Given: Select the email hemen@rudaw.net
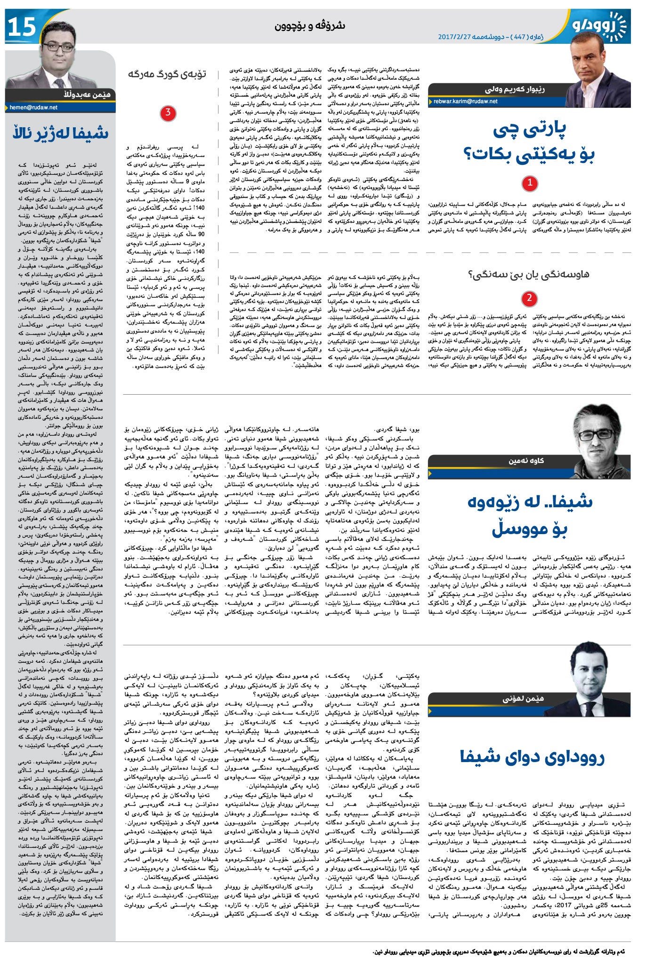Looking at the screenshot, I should pyautogui.click(x=33, y=107).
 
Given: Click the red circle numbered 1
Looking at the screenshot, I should pyautogui.click(x=530, y=183).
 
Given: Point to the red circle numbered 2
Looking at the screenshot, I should pyautogui.click(x=530, y=298).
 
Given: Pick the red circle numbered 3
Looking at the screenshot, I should pyautogui.click(x=168, y=113).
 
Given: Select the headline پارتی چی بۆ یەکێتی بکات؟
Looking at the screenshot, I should pyautogui.click(x=530, y=142).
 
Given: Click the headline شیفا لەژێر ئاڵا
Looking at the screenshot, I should pyautogui.click(x=60, y=133).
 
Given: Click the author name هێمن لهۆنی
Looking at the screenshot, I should pyautogui.click(x=523, y=699).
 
